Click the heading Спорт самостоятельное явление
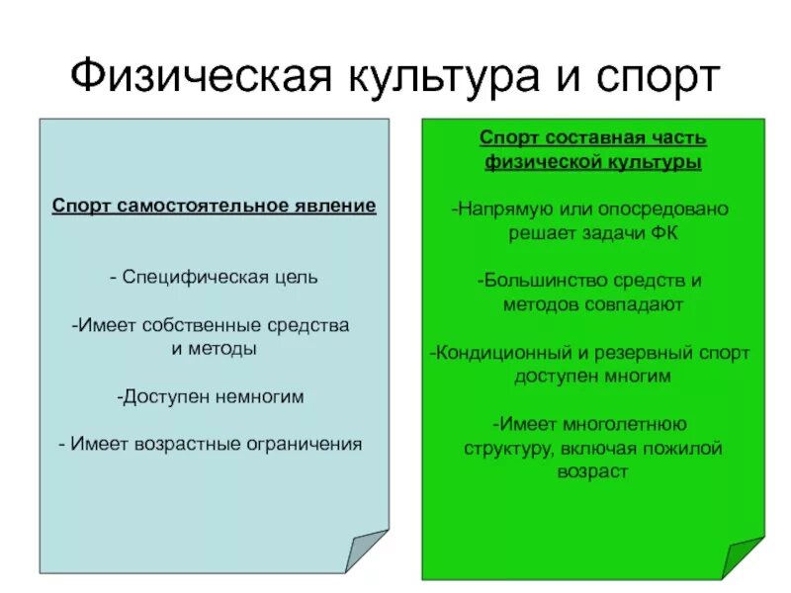(x=215, y=207)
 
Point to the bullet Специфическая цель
(x=215, y=277)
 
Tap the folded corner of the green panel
(x=741, y=557)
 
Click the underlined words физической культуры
(x=592, y=162)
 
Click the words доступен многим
(x=592, y=377)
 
